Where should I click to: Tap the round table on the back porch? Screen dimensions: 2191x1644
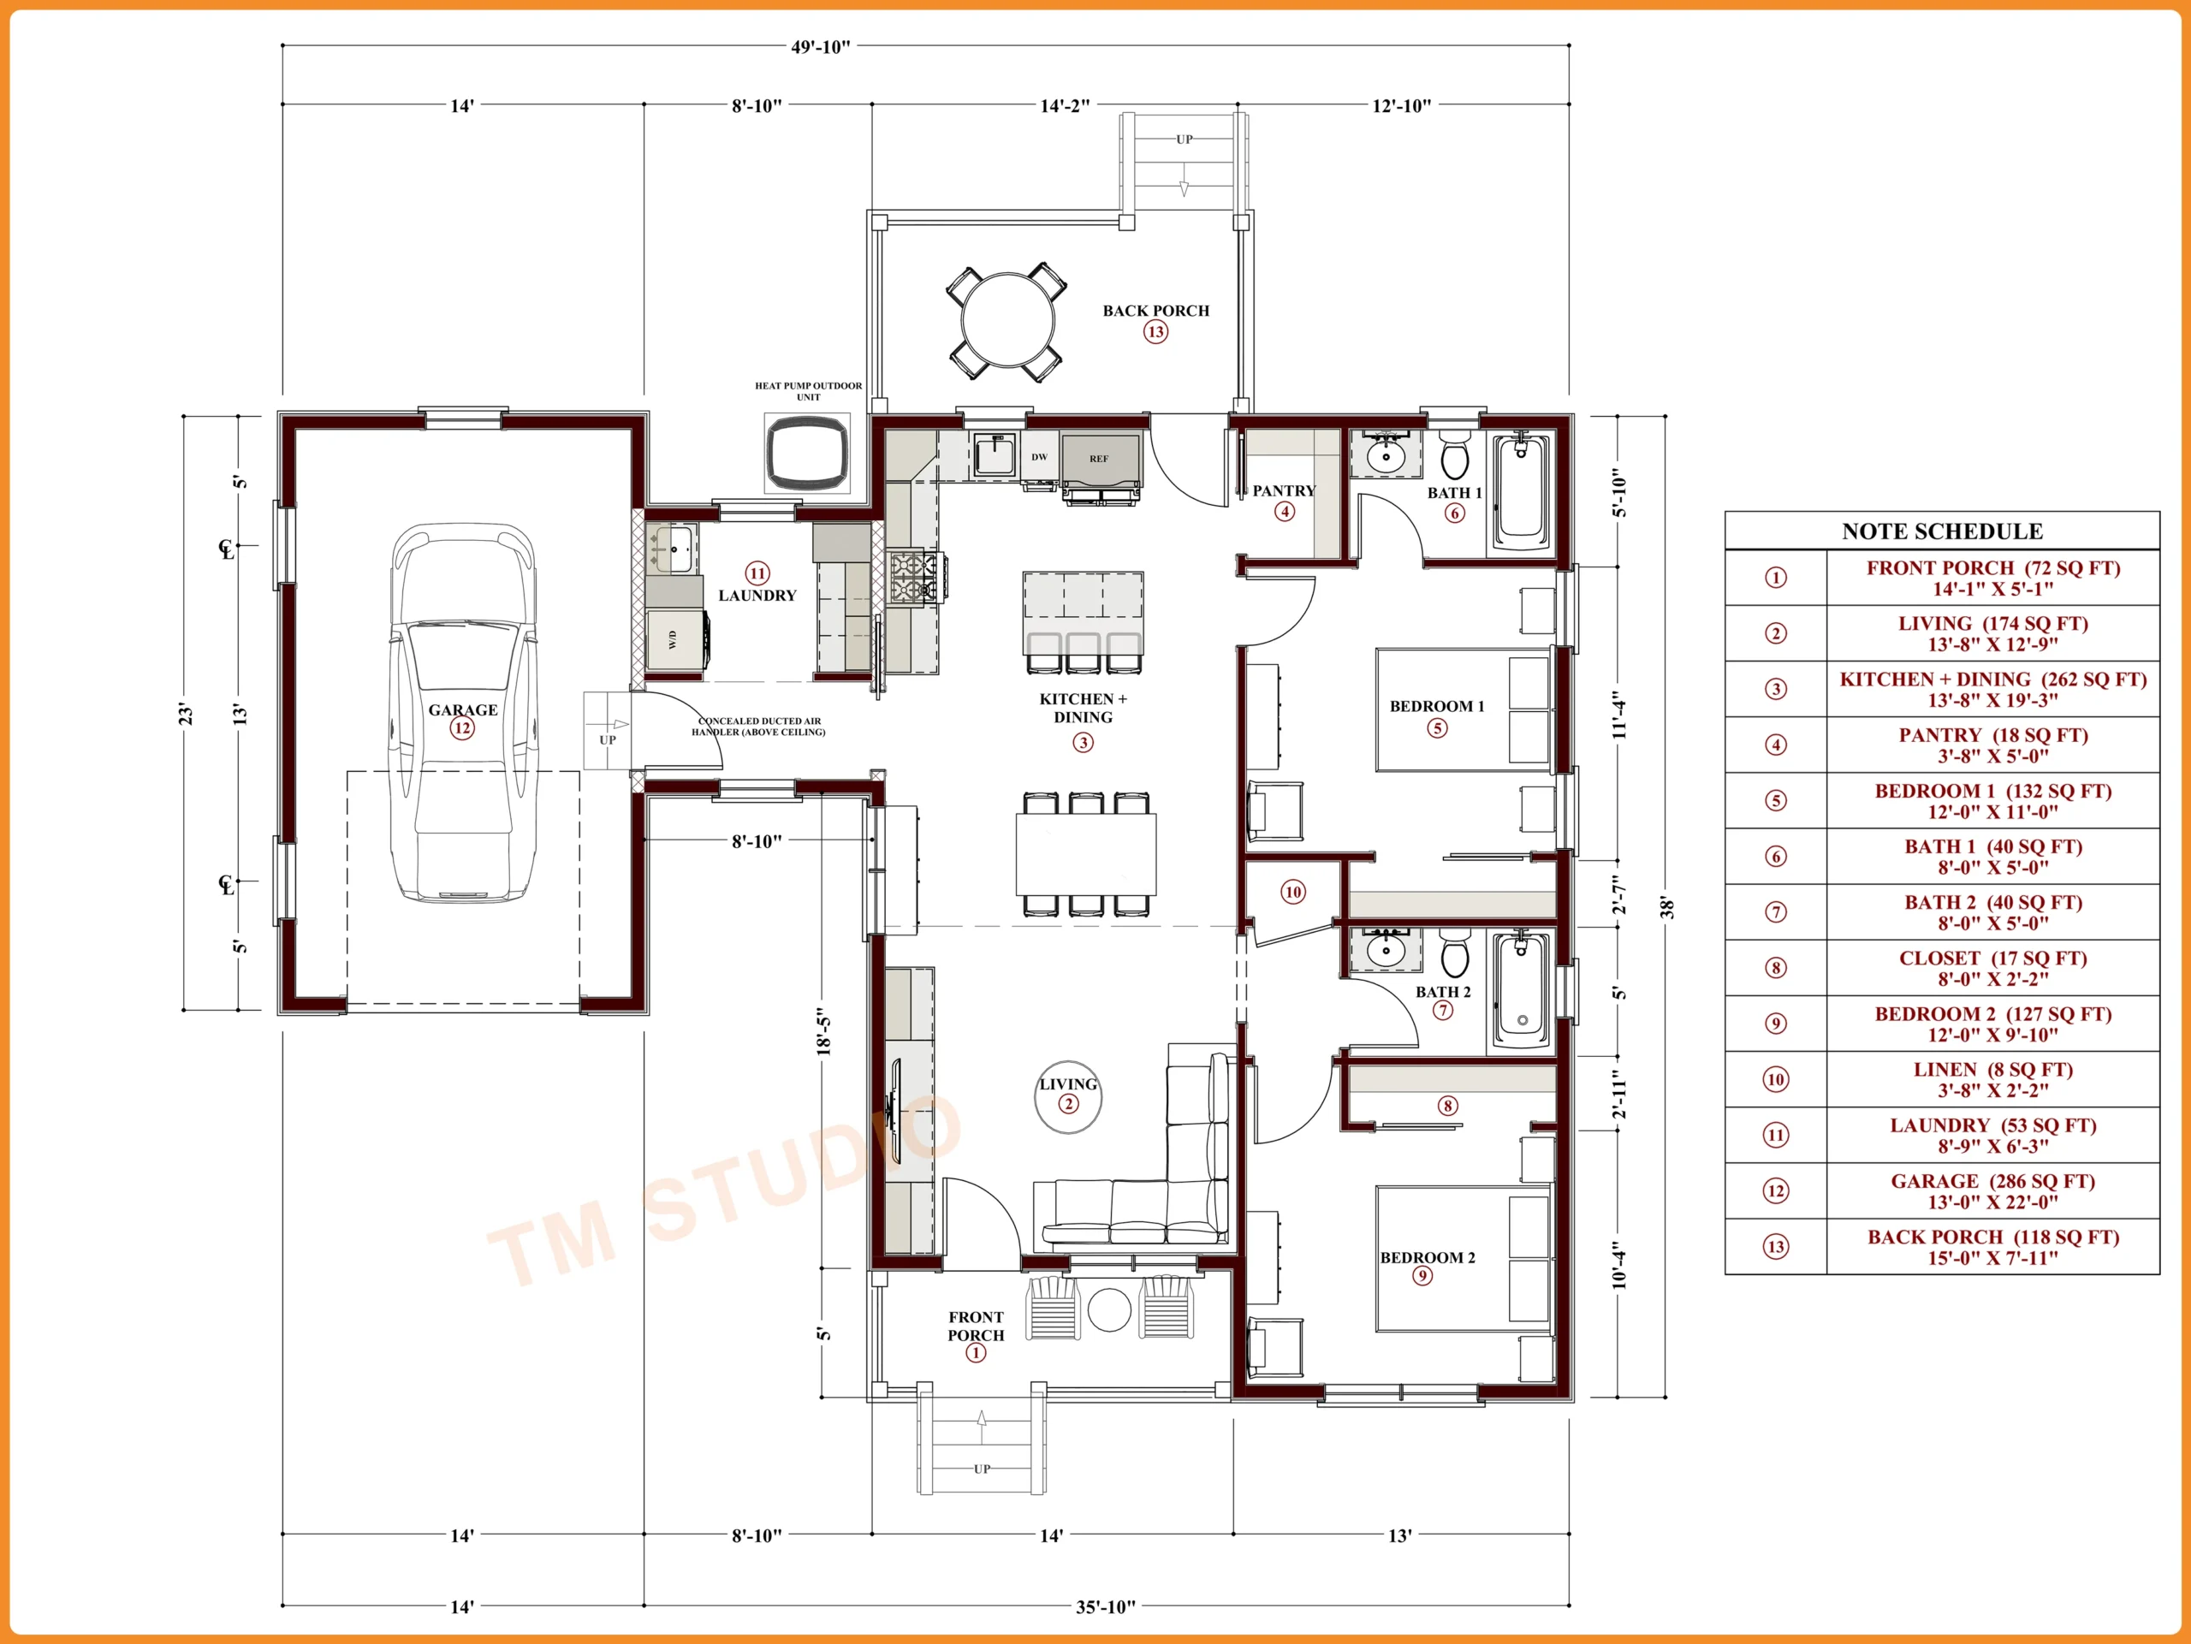tap(1007, 321)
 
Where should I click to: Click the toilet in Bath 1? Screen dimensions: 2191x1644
tap(1454, 454)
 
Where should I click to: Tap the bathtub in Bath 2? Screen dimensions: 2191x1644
tap(1522, 990)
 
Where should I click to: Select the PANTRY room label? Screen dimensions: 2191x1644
tap(1284, 490)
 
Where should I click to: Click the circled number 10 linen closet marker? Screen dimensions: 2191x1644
tap(1292, 892)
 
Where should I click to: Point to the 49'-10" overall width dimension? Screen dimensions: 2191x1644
tap(820, 46)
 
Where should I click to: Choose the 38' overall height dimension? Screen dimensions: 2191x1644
tap(1667, 907)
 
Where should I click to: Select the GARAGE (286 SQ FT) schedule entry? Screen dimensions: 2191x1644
tap(1993, 1190)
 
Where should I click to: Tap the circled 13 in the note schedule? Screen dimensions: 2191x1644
tap(1776, 1246)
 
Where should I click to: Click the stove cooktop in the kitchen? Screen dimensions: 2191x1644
tap(913, 578)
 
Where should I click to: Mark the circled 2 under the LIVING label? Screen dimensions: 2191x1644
tap(1068, 1103)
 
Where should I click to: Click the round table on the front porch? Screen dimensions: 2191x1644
tap(1109, 1309)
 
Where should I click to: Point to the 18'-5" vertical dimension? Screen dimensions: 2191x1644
tap(824, 1032)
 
